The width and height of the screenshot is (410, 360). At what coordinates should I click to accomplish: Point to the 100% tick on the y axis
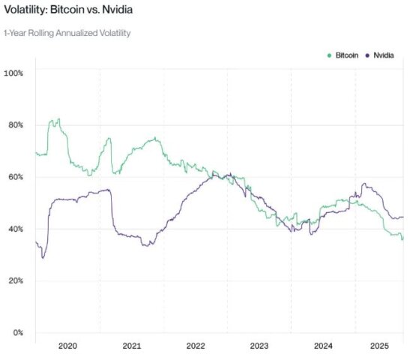click(14, 73)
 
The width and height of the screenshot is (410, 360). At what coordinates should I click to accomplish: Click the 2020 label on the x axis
click(67, 346)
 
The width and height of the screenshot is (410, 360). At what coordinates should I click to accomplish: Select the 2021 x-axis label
click(131, 346)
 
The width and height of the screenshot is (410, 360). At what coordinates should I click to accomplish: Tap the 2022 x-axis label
click(195, 346)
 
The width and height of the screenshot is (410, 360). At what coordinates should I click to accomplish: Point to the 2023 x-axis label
click(259, 346)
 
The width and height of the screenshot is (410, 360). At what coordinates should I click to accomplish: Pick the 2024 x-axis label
click(323, 346)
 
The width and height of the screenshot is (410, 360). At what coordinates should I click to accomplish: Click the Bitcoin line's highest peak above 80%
click(58, 118)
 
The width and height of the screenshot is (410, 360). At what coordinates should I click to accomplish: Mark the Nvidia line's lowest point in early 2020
click(43, 258)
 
